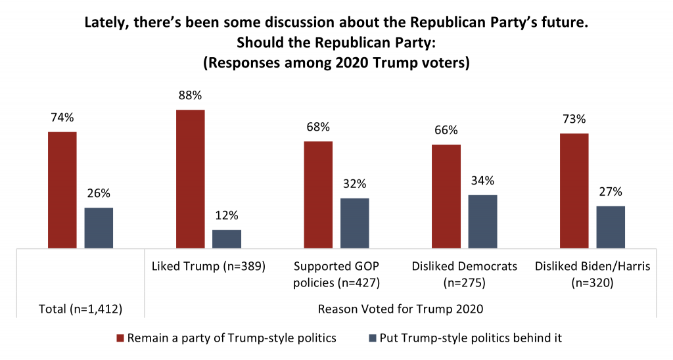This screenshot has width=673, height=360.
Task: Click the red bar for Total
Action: coord(62,190)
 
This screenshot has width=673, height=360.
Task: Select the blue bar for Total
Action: coord(99,228)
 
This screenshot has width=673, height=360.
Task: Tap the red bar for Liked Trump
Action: coord(191,179)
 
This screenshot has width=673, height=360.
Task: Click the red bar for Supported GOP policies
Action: coord(318,194)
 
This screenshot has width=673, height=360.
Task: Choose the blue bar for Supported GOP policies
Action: coord(354,223)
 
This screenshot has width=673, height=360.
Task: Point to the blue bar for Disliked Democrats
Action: coord(482,221)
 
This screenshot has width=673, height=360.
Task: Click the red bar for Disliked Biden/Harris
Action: coord(574,191)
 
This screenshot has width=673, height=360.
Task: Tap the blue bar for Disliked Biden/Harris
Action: coord(611,227)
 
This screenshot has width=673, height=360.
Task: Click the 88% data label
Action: coord(191,95)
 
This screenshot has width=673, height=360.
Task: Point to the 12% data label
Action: coord(227,215)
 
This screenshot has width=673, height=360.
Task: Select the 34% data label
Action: coord(482,180)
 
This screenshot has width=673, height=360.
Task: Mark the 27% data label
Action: coord(611,192)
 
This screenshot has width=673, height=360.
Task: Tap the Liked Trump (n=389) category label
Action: coord(208,267)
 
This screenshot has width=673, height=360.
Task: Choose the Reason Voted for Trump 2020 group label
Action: coord(400,309)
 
